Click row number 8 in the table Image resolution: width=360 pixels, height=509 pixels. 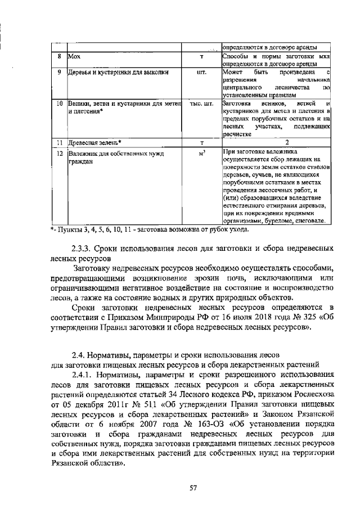[59, 57]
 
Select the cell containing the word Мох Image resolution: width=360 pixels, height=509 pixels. [74, 57]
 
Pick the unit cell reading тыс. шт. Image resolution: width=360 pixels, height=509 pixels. [202, 104]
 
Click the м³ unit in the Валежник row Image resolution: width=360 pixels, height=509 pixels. [202, 153]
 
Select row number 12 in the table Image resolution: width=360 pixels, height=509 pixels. [59, 153]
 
